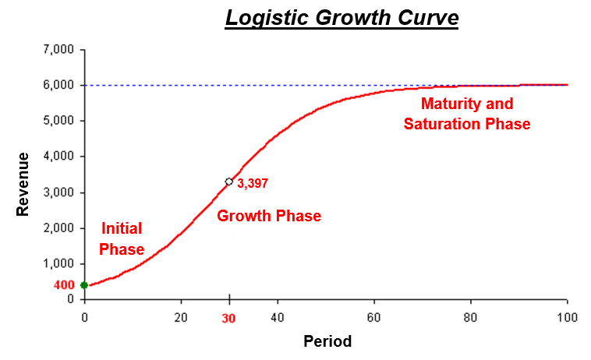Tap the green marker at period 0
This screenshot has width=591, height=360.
click(84, 285)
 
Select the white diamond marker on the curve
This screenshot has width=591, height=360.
click(229, 182)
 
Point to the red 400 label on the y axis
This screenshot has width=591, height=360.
click(64, 285)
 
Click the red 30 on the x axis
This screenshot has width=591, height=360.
click(229, 319)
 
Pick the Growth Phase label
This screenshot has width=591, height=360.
click(269, 216)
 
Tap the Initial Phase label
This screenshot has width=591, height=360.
click(123, 238)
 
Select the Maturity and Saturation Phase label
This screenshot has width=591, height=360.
click(467, 114)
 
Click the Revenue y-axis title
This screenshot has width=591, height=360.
click(23, 184)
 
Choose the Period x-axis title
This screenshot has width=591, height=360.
click(327, 341)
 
